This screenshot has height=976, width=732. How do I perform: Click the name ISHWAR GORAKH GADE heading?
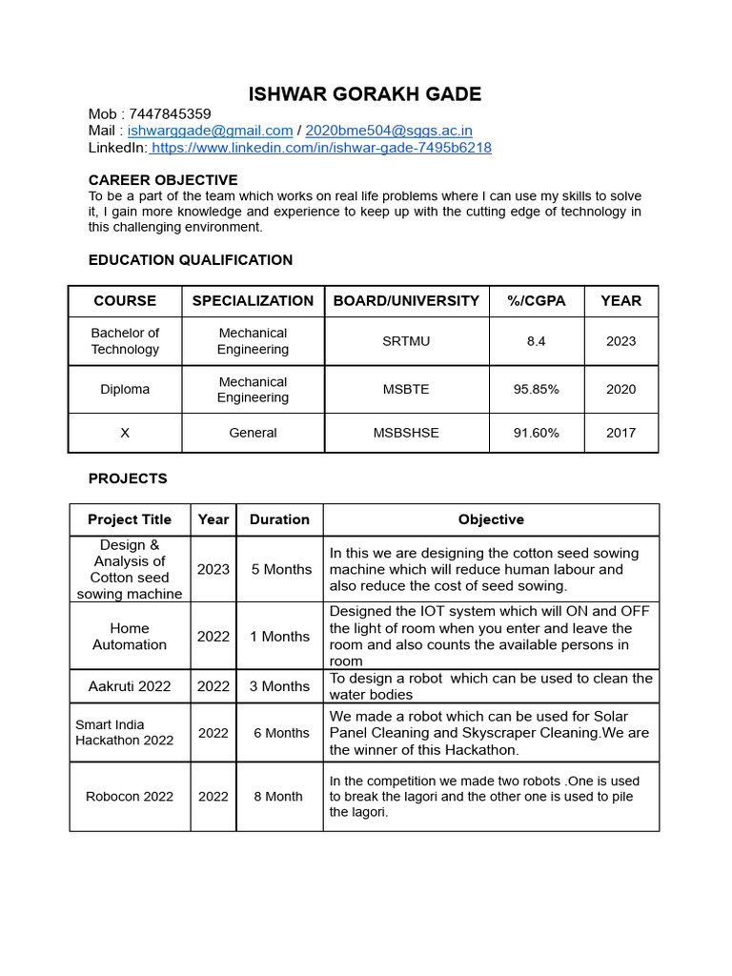tap(365, 93)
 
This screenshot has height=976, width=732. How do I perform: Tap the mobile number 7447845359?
tap(170, 113)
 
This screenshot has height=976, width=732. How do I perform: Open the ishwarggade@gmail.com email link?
tap(210, 131)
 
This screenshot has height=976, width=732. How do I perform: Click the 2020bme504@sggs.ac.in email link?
tap(388, 131)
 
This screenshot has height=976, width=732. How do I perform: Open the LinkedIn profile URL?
tap(321, 148)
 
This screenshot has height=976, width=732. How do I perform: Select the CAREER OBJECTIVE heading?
tap(163, 180)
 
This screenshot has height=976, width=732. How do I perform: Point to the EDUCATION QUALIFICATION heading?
tap(191, 259)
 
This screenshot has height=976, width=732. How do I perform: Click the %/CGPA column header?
tap(537, 300)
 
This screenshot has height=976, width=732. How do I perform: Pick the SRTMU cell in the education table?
tap(406, 341)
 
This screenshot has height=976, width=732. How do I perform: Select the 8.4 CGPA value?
tap(537, 341)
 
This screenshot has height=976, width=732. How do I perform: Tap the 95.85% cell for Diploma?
tap(537, 389)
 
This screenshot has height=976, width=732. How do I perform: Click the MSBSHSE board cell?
tap(406, 433)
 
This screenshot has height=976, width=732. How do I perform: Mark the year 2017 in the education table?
tap(620, 433)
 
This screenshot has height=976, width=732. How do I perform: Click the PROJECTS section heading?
tap(128, 478)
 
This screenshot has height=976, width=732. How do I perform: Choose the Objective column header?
tap(491, 519)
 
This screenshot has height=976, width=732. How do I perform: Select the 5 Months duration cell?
tap(281, 569)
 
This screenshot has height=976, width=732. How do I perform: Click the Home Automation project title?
tap(130, 636)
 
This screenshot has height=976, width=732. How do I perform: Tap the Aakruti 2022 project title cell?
tap(130, 686)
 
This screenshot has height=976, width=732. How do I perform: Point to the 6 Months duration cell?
tap(281, 733)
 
